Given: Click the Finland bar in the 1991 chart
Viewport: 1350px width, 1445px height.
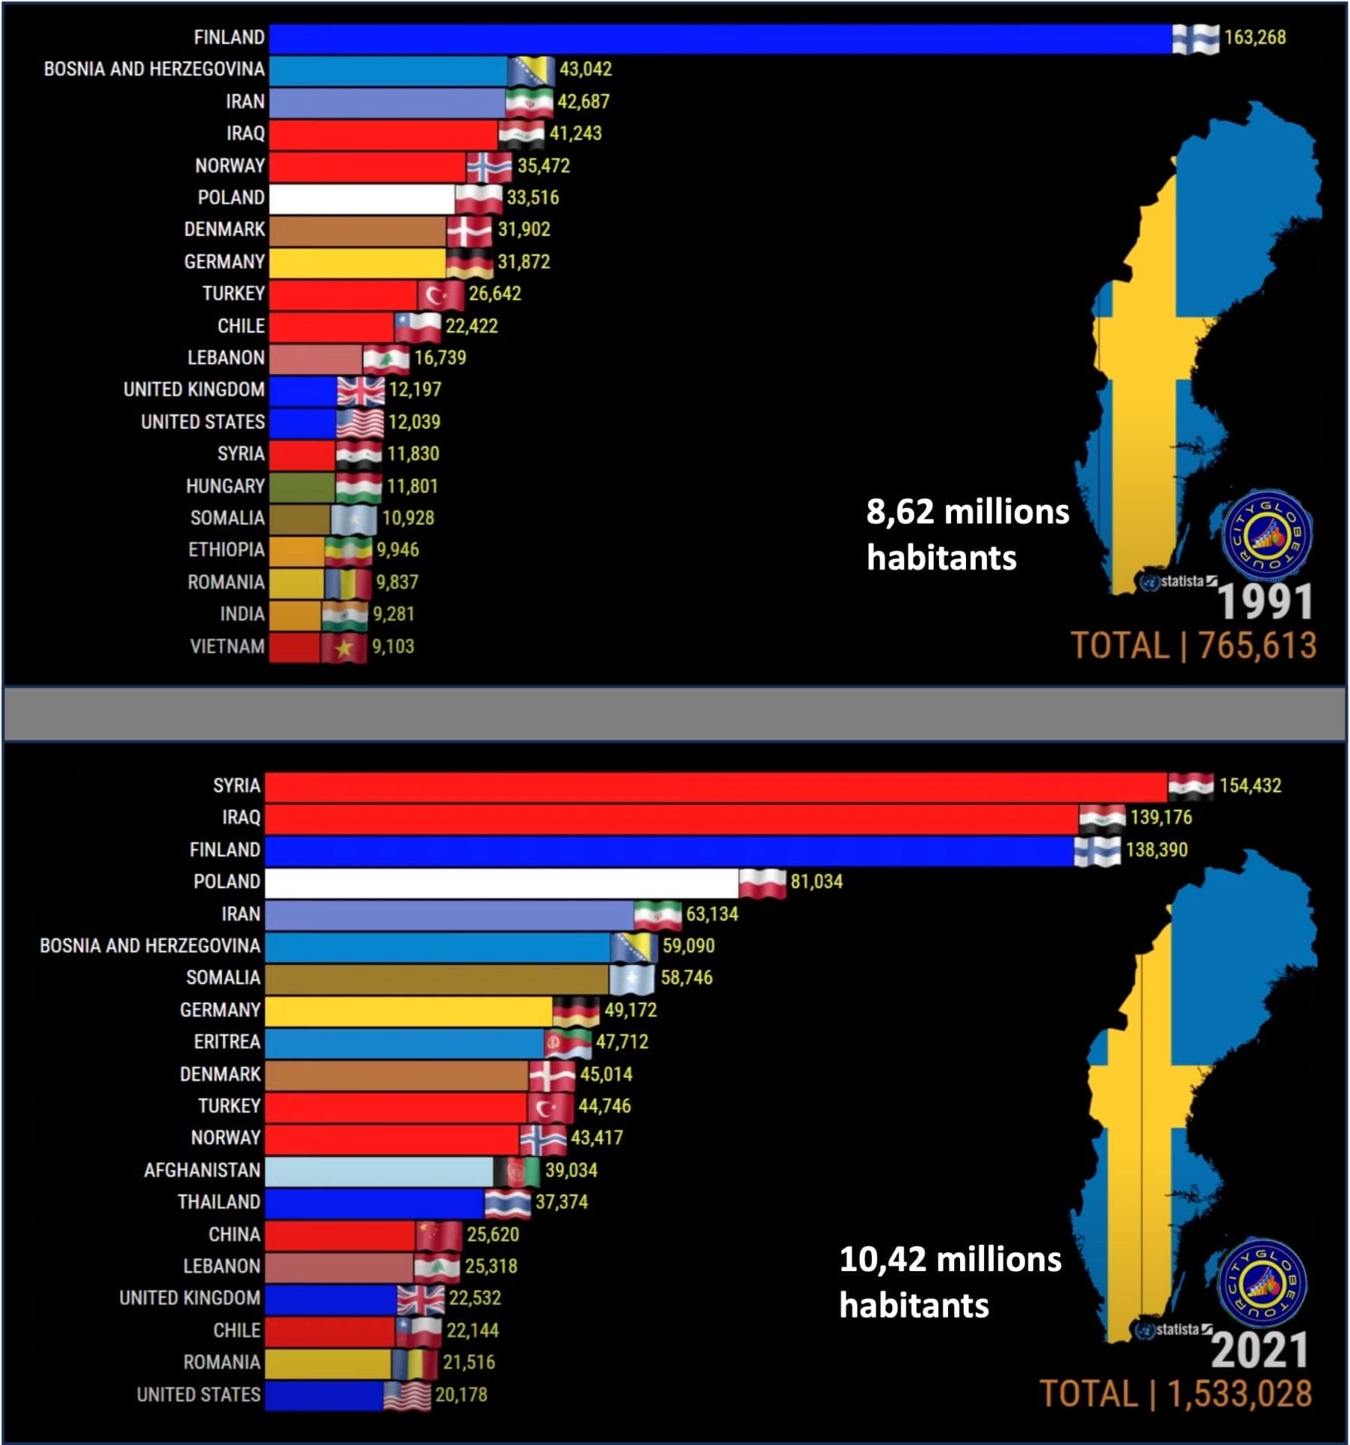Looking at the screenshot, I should tap(719, 38).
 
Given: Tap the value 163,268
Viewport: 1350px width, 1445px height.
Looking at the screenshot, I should tap(1254, 37).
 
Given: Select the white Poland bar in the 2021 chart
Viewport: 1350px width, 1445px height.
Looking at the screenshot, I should tap(501, 883).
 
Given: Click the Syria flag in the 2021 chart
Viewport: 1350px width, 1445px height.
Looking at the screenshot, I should tap(1190, 786).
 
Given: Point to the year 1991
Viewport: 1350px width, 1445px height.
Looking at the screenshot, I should tap(1265, 602).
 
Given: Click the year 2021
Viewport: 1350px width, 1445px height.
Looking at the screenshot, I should tap(1259, 1350).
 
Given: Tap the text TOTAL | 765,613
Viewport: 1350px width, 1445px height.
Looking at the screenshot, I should tap(1193, 646).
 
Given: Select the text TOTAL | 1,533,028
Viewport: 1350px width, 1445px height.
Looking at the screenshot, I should tap(1175, 1394).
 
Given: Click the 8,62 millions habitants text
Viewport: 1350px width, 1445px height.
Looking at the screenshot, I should tap(967, 534).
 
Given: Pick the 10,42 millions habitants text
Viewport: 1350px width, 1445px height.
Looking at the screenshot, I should tap(949, 1282).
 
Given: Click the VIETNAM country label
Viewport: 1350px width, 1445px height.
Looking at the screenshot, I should tap(227, 646).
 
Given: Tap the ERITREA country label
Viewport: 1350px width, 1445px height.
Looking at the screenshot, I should tap(227, 1042).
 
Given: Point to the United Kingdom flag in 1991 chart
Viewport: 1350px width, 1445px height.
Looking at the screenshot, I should tap(360, 391).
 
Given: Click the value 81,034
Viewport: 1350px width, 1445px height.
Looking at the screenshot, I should tap(816, 882).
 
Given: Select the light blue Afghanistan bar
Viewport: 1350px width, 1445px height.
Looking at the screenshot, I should tap(379, 1171).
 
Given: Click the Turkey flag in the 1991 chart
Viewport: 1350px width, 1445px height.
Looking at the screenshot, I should tap(441, 294).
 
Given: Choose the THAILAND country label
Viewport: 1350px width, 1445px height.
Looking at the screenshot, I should tap(218, 1203).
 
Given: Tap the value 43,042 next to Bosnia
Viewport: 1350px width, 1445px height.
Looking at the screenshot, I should tap(585, 69).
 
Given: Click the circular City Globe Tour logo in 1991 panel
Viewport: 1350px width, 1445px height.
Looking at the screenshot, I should tap(1266, 535).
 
